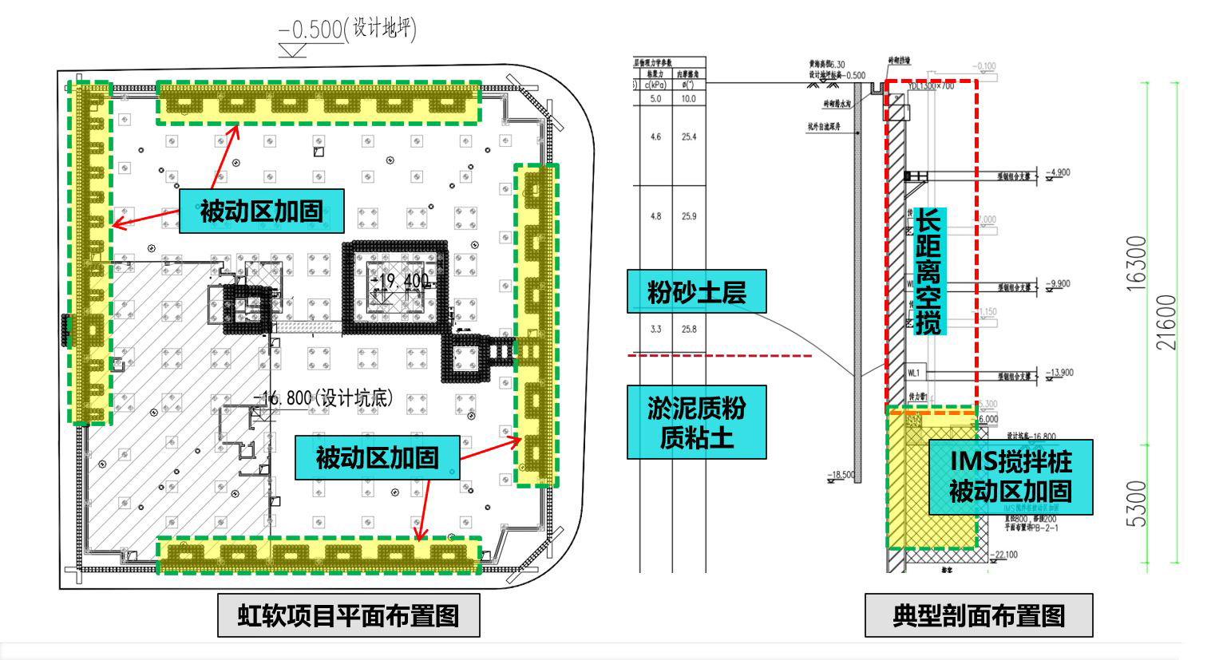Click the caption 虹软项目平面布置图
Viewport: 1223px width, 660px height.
[348, 615]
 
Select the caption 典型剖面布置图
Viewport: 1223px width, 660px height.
[978, 615]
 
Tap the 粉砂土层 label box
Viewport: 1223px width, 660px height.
[696, 292]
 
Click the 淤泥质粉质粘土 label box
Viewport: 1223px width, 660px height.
[696, 422]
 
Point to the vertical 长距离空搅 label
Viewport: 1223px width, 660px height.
[928, 271]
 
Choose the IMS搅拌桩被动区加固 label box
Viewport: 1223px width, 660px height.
[1010, 476]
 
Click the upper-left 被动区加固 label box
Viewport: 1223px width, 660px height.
[261, 211]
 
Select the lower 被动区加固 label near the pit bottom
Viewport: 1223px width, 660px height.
[377, 457]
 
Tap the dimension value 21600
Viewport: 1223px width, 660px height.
[1166, 322]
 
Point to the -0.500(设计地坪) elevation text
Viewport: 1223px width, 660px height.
[346, 30]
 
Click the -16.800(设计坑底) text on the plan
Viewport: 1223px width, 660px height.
[323, 397]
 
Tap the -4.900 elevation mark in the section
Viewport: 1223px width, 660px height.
[1060, 172]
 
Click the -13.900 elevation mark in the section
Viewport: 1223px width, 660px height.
[1060, 373]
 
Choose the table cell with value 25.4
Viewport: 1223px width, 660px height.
[689, 137]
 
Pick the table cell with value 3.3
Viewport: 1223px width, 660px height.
[655, 329]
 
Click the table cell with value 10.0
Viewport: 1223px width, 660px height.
[689, 99]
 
